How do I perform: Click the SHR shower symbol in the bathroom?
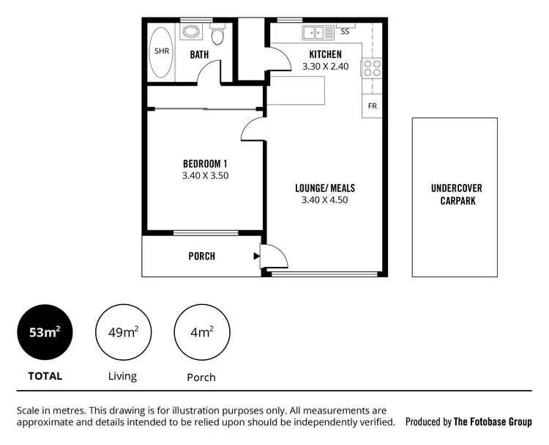(160, 52)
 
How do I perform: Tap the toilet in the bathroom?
(217, 37)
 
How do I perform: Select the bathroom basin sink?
(191, 32)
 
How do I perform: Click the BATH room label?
(200, 55)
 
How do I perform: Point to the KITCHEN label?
(325, 54)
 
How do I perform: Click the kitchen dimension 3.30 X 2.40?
(325, 66)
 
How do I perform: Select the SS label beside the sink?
(345, 32)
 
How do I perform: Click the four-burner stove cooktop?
(372, 68)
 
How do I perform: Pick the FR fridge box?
(372, 106)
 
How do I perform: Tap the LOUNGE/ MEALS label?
(324, 188)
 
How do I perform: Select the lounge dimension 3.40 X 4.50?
(324, 200)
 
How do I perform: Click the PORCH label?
(201, 256)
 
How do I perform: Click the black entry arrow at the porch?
(256, 257)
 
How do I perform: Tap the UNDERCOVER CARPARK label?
(456, 194)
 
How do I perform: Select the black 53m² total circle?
(45, 332)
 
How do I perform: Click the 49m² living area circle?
(122, 332)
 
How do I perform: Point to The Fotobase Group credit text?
(492, 422)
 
